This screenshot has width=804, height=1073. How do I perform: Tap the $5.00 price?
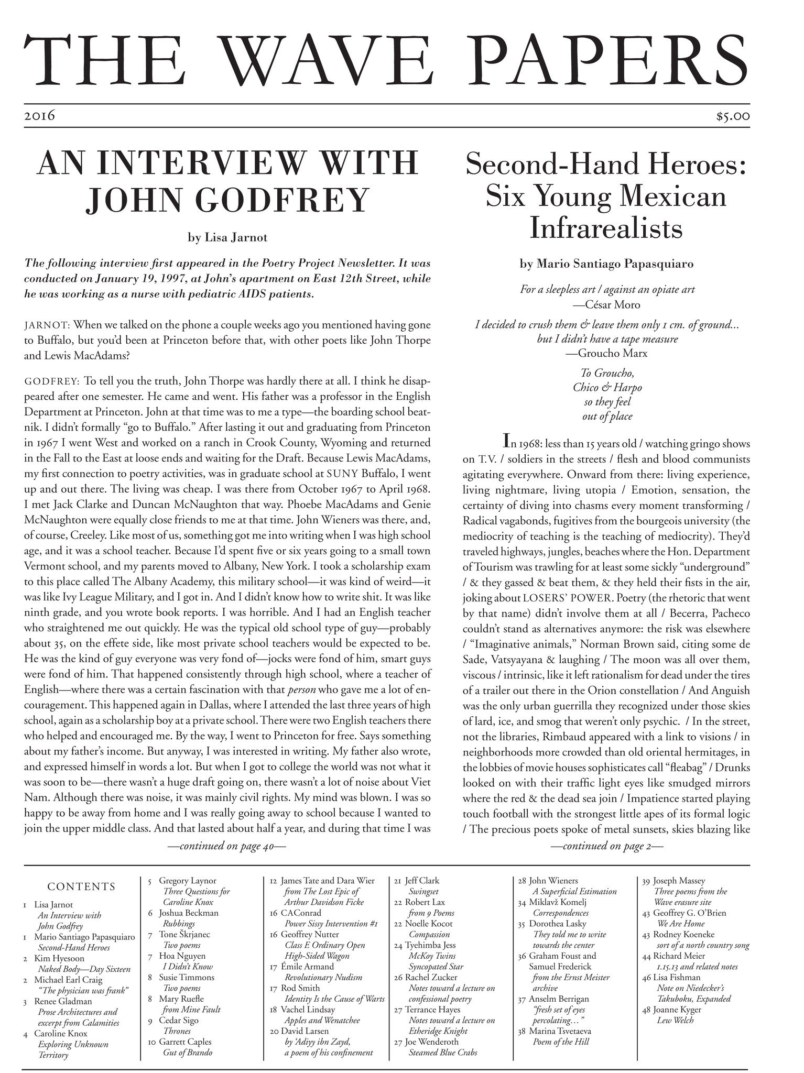[733, 116]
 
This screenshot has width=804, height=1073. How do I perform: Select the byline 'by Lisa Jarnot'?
[227, 237]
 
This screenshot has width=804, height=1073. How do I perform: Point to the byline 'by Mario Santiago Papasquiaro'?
[606, 264]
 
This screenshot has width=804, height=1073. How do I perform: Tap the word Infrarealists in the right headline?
[606, 228]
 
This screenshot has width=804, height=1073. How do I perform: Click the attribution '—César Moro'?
[606, 304]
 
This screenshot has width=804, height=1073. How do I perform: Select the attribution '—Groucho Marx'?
[606, 353]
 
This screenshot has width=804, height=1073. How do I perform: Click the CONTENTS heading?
[81, 887]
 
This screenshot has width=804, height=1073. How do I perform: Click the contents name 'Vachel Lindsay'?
[308, 1009]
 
